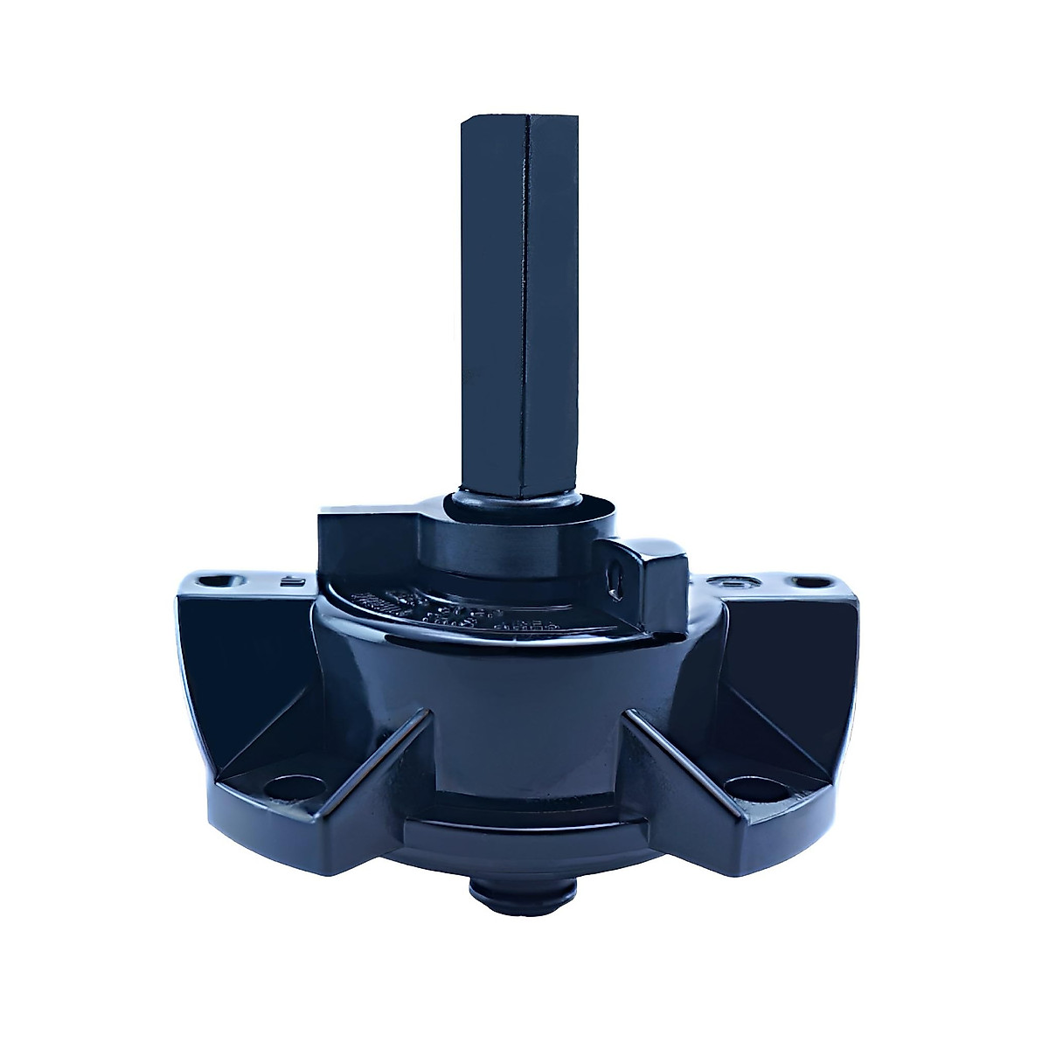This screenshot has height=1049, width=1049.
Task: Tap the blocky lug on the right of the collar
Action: (x=651, y=577)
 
